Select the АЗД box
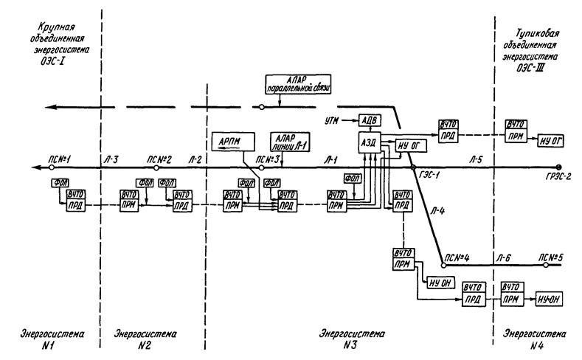pos(368,142)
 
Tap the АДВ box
pos(368,120)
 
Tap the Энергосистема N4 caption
pos(524,339)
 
